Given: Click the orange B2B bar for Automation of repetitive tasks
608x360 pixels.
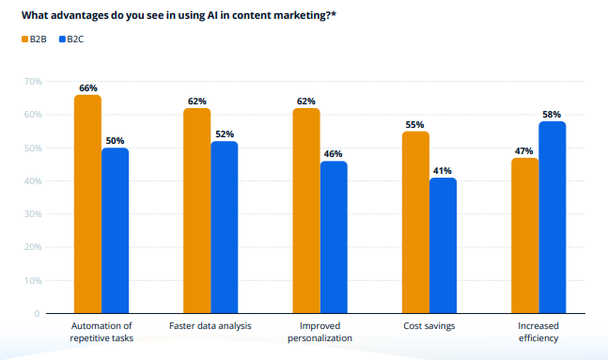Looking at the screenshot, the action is [87, 204].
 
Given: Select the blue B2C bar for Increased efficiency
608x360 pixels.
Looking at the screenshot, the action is [553, 217].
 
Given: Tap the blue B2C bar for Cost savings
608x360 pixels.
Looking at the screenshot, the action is [443, 245].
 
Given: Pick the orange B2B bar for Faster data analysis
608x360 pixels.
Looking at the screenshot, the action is [197, 211].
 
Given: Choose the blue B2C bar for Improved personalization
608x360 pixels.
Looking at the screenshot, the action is [334, 237].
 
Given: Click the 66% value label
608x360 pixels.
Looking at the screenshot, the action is [88, 88].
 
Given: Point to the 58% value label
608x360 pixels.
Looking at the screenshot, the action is [552, 115].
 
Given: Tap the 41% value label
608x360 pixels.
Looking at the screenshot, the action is [442, 171].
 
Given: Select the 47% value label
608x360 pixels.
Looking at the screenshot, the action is [523, 151].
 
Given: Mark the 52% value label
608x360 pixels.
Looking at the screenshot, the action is [225, 134].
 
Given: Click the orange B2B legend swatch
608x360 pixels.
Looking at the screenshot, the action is [24, 39].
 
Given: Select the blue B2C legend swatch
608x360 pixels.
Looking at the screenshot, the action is [62, 39].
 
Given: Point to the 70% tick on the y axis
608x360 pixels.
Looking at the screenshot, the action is [33, 82].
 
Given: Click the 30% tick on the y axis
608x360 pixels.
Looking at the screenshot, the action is [33, 214].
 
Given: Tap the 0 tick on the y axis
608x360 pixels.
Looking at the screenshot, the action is [37, 313].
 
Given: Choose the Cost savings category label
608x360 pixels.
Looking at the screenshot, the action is [429, 326].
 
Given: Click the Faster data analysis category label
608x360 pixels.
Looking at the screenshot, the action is [210, 326].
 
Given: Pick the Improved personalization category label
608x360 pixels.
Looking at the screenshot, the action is [320, 332].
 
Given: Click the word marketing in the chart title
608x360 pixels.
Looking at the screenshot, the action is [302, 16].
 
